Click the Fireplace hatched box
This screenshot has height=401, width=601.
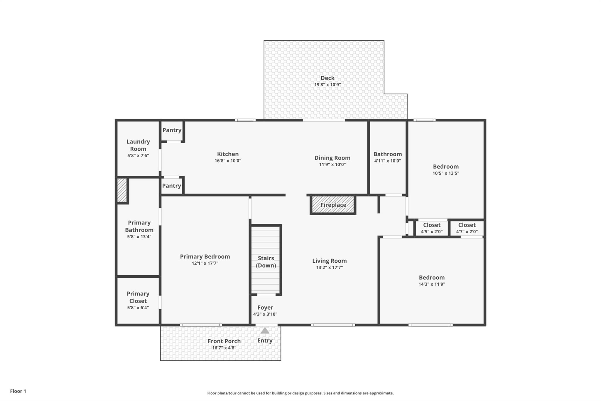coord(333,205)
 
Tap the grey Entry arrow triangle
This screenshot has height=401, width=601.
coord(265,331)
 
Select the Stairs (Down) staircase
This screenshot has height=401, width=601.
coord(266,260)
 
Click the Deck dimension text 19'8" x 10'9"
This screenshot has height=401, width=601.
coord(327,85)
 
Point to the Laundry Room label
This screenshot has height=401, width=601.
coord(138,145)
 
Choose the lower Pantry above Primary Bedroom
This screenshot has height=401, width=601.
coord(172,186)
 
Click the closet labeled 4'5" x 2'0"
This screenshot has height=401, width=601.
coord(432,228)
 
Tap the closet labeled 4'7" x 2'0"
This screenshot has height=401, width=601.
coord(467,228)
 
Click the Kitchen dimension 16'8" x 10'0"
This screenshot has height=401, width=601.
coord(228,161)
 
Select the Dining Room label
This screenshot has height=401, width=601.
coord(332,158)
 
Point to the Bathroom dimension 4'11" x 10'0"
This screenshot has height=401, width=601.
coord(388,161)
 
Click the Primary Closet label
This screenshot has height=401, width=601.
coord(138,297)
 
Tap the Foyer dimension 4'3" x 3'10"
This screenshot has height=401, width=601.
coord(265,314)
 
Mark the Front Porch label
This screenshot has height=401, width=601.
coord(224,341)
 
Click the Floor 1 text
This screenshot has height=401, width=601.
coord(18,391)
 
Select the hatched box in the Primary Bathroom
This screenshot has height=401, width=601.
coord(122,190)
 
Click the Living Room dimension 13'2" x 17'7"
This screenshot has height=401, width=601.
coord(330,267)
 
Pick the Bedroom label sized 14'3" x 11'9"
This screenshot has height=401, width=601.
coord(432,278)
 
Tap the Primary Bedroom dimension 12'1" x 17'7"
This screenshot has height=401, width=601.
coord(205,263)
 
